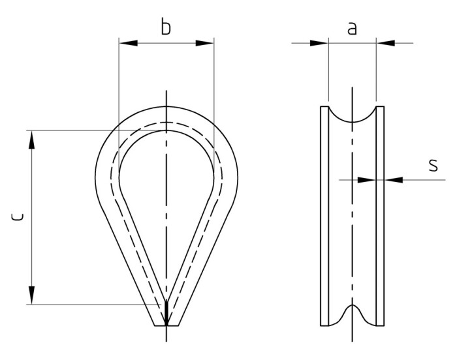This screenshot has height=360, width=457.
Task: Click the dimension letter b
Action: (x=166, y=27)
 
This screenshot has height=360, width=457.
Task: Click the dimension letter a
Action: (x=352, y=28)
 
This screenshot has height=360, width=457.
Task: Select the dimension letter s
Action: (x=432, y=165)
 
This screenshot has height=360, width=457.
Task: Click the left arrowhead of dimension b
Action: (x=127, y=44)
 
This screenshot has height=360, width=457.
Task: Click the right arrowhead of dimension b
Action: (x=205, y=44)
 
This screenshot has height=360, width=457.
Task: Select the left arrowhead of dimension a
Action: (x=319, y=44)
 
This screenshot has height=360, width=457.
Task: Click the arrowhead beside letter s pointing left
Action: (x=392, y=178)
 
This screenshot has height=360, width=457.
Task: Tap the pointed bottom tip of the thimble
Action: (x=166, y=324)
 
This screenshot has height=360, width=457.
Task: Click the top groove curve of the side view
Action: (x=352, y=121)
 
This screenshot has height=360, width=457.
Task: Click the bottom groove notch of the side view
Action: (x=352, y=307)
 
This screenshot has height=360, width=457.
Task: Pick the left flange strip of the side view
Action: (x=324, y=215)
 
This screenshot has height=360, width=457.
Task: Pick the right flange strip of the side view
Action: (x=381, y=215)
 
